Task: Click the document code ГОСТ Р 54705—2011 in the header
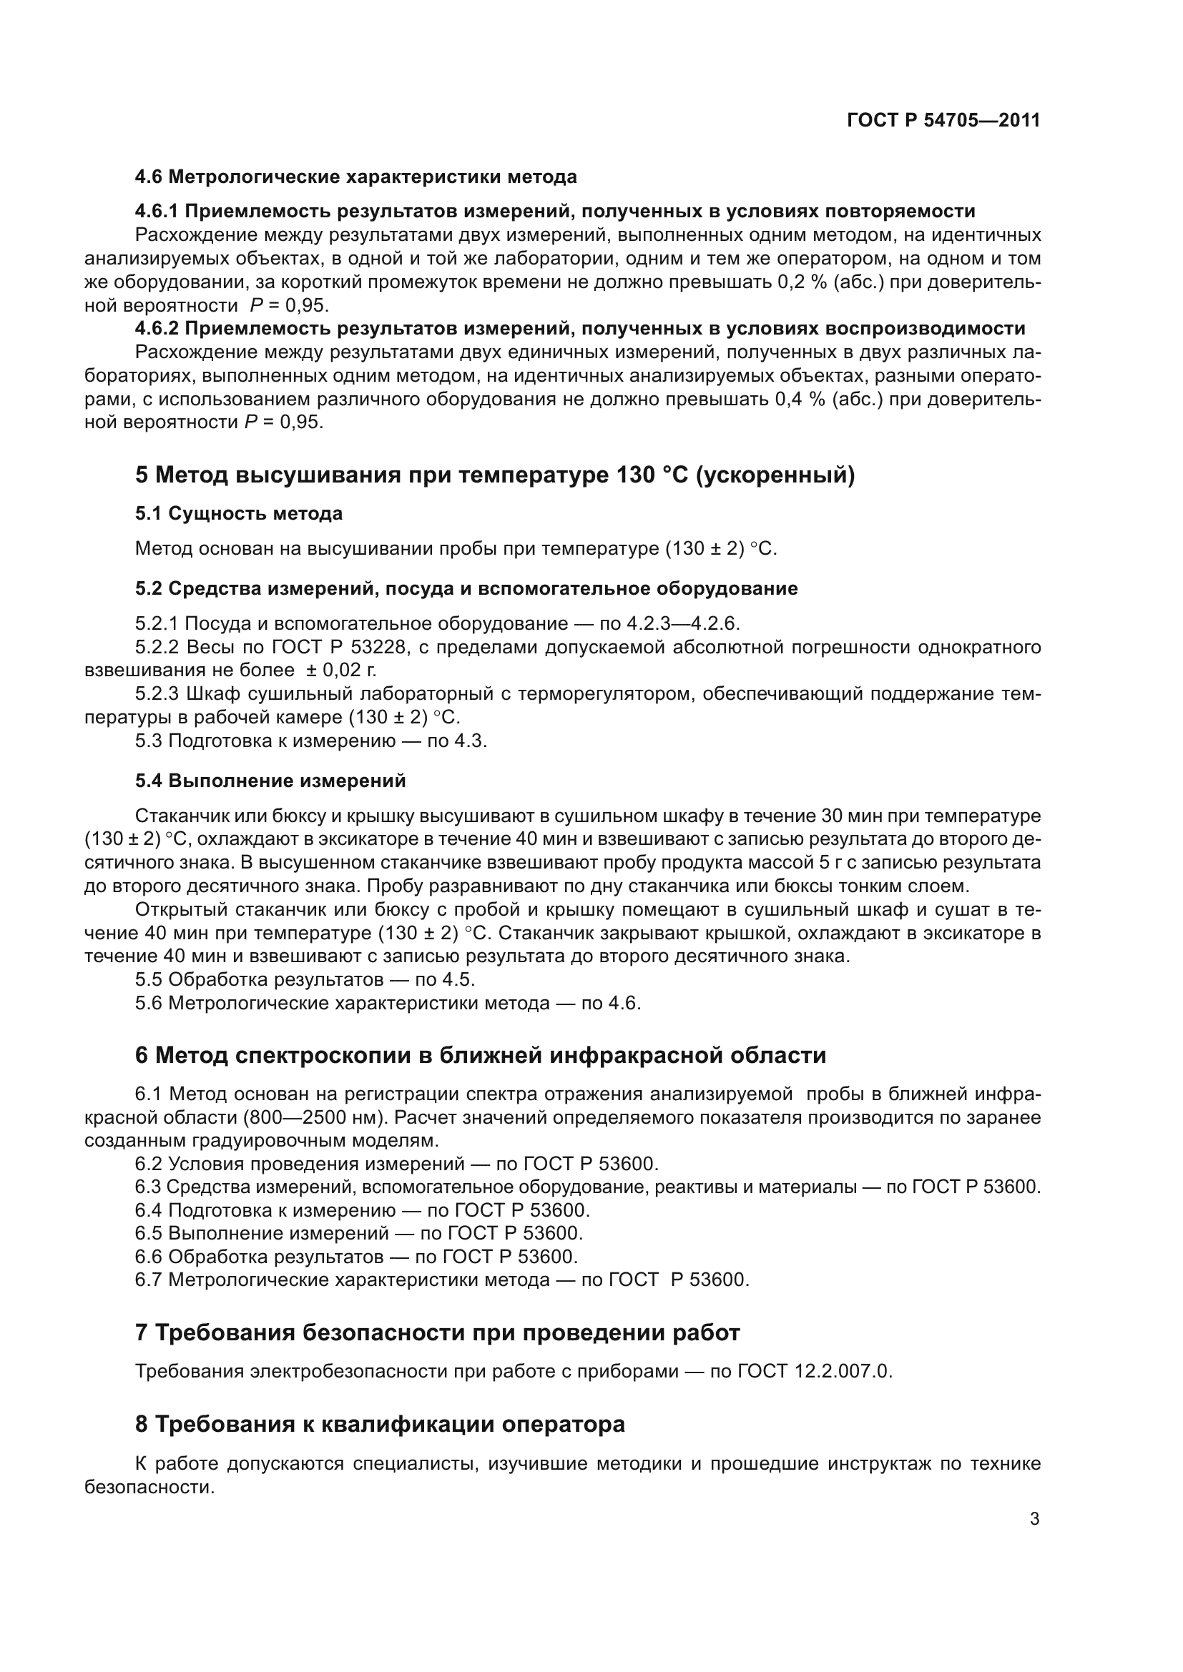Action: [x=943, y=121]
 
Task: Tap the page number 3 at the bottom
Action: [x=1034, y=1519]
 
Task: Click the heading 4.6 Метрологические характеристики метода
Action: [x=355, y=177]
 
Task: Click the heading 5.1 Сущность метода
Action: [x=238, y=514]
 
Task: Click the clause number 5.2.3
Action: [x=157, y=694]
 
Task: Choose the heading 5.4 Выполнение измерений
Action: [x=270, y=781]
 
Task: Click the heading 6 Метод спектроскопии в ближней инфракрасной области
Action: [x=480, y=1056]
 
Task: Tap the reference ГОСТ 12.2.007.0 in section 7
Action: [x=813, y=1372]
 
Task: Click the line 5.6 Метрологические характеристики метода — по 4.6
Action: [x=388, y=1004]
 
